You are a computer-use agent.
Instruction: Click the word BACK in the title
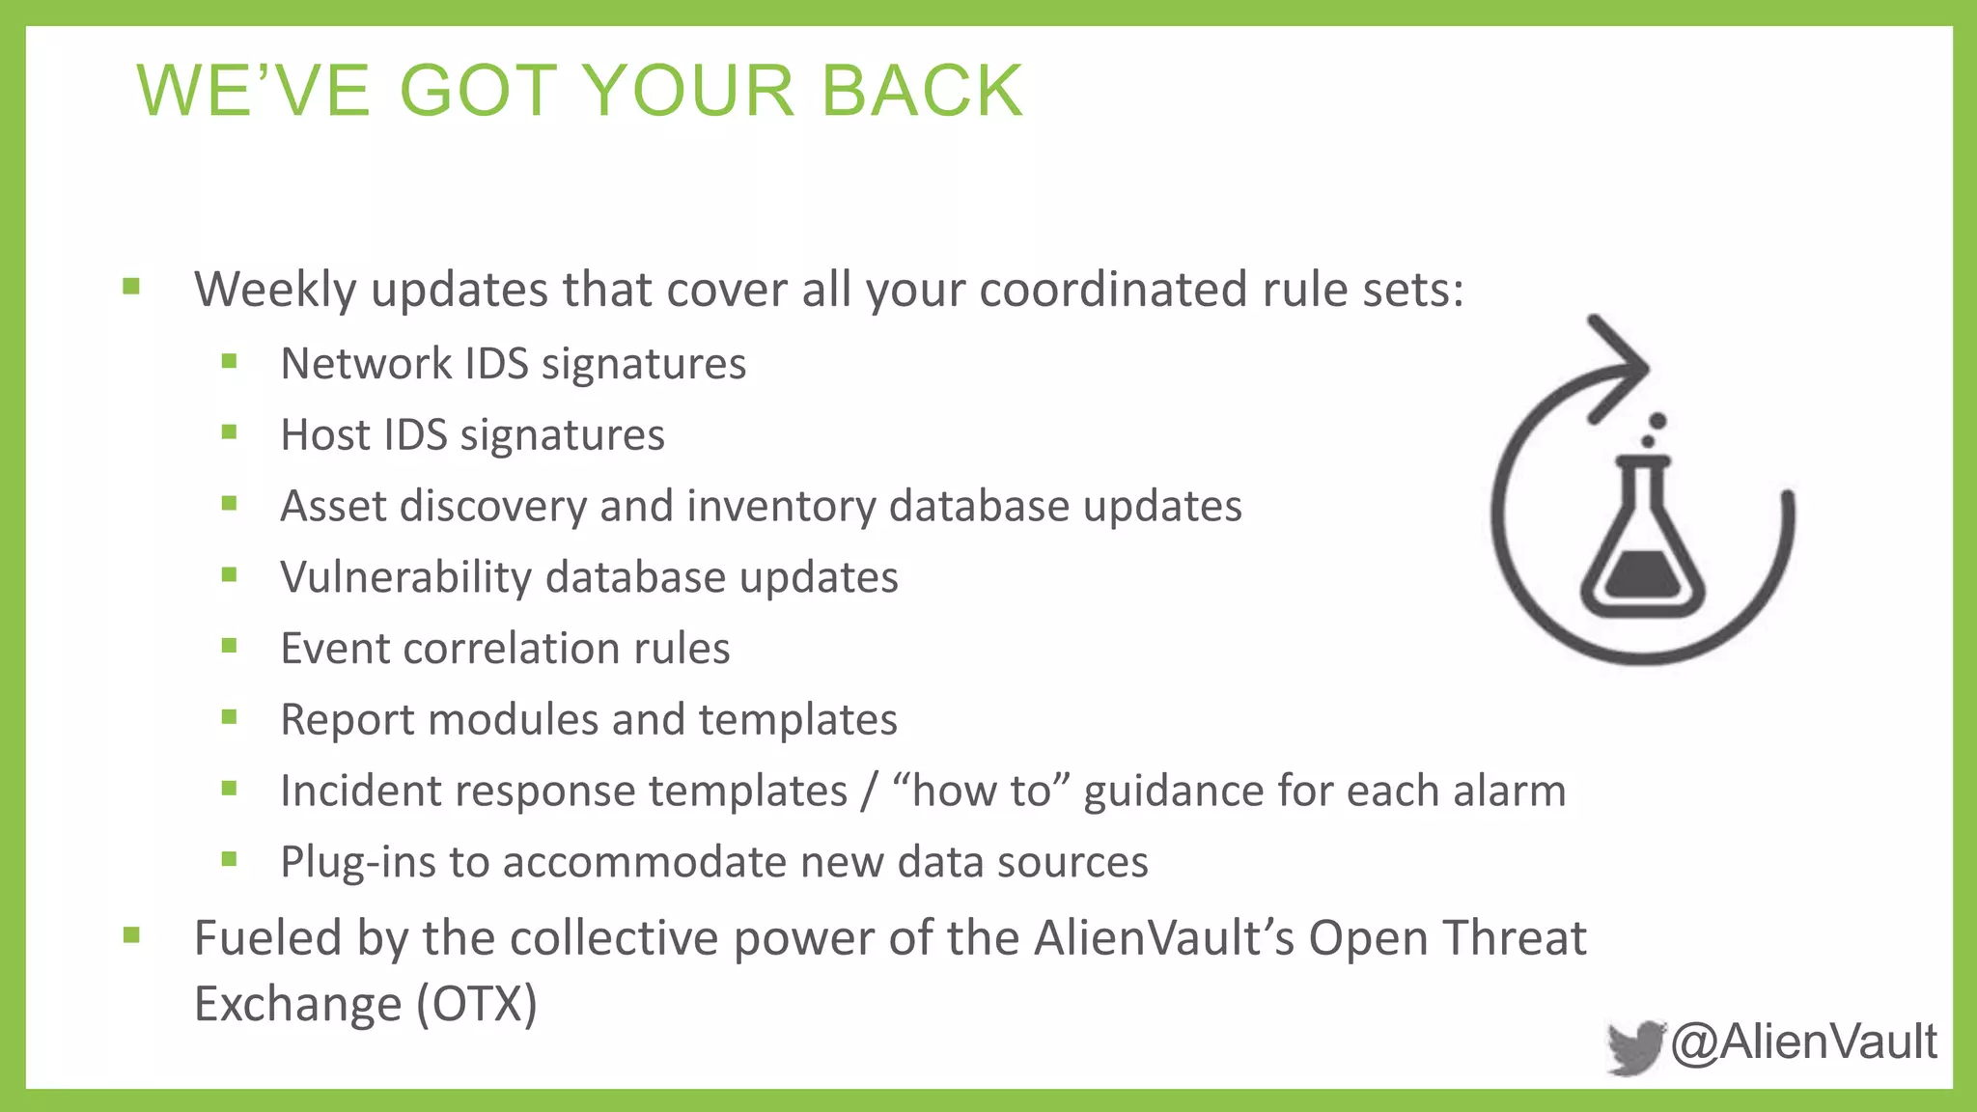click(922, 91)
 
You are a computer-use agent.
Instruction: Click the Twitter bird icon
click(1635, 1046)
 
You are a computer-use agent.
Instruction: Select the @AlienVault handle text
click(1803, 1042)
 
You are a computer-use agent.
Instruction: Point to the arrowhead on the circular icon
click(1621, 368)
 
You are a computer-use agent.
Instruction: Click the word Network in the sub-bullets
click(366, 364)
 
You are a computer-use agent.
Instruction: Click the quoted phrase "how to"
click(981, 791)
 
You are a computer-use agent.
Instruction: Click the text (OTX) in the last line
click(476, 1004)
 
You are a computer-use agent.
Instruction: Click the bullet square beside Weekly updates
click(132, 287)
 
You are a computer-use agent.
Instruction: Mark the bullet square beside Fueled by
click(132, 935)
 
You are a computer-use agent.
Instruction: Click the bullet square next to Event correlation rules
click(229, 646)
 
